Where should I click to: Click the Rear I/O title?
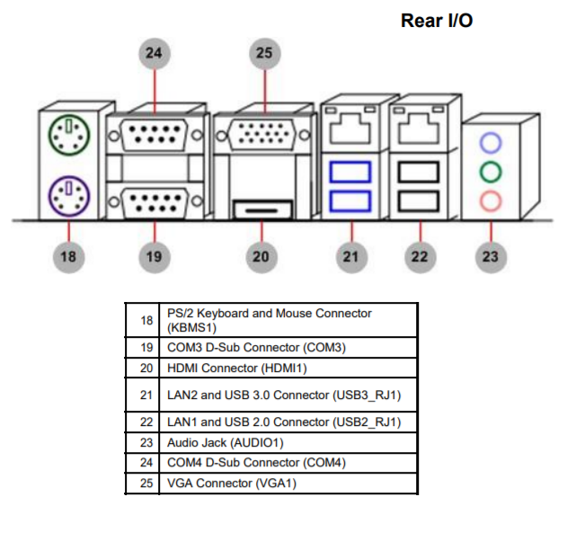point(436,21)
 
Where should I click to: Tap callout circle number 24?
point(155,53)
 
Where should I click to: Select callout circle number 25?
point(263,53)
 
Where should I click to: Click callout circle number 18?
point(67,257)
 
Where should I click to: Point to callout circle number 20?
point(261,257)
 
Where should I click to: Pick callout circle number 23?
point(490,257)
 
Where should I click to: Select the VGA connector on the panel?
point(263,138)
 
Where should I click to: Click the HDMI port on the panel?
point(261,210)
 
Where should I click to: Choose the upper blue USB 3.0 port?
point(350,171)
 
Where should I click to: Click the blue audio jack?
point(490,142)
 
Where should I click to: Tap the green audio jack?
point(490,171)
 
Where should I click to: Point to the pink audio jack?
point(490,200)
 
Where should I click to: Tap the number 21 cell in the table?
point(146,395)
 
